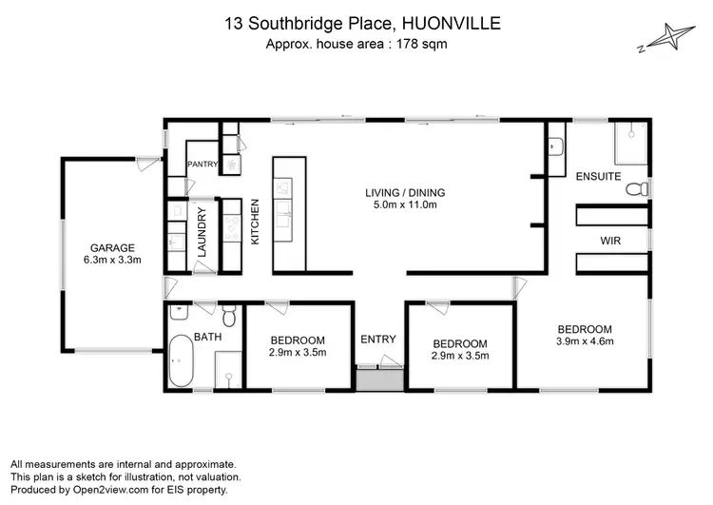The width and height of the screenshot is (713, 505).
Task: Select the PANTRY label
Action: coord(202,165)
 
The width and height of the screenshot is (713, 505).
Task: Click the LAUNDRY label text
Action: coord(202,234)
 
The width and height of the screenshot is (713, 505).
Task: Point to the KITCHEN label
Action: coord(255,222)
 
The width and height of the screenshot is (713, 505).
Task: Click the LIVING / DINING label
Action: coord(405,192)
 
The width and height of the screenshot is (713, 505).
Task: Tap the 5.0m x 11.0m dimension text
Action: coord(405,204)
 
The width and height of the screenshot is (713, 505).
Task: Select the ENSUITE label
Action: coord(598,177)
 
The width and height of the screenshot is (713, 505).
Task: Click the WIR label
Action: coord(610,242)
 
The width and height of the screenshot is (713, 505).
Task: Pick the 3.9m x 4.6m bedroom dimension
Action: coord(586,341)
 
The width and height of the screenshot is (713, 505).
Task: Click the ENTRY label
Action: coord(378,339)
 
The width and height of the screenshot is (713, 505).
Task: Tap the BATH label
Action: coord(208,336)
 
